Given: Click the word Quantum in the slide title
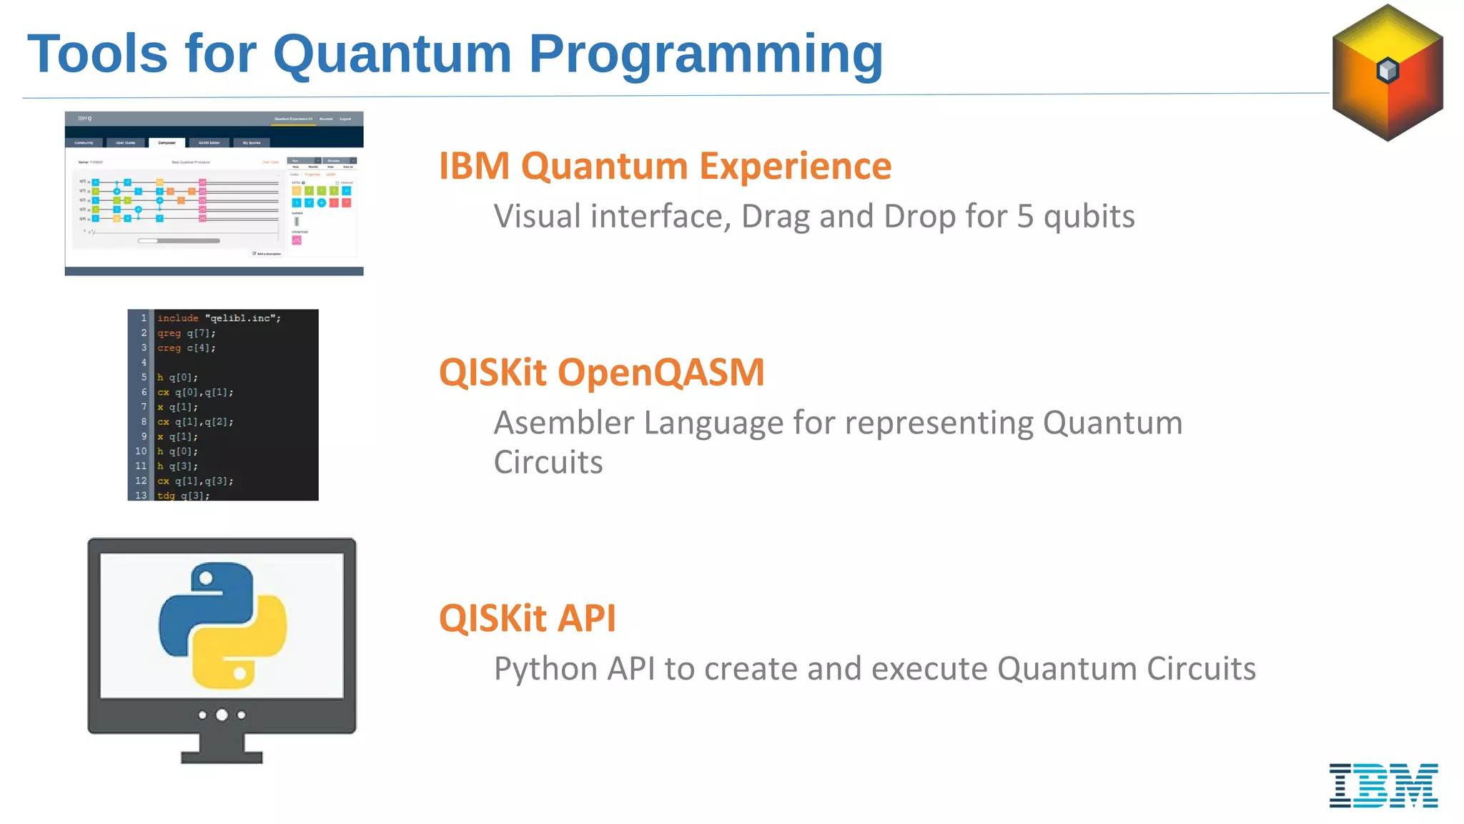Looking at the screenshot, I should coord(392,54).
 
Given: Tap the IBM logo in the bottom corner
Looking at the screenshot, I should coord(1383,785).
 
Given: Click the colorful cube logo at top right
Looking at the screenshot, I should coord(1388,72).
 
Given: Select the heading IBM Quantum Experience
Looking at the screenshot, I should coord(665,166).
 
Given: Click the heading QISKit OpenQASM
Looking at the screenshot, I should coord(601,373).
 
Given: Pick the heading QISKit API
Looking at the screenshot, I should coord(527,618).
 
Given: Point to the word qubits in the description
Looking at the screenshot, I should coord(1089,217).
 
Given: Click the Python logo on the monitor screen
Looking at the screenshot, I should coord(222,626).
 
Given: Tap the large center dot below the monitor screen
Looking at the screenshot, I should coord(222,715).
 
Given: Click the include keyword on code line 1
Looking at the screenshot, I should coord(178,318).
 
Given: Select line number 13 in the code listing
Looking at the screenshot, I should coord(141,495).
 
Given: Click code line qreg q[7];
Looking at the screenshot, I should coord(187,333).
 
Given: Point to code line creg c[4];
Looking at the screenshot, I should coord(187,348).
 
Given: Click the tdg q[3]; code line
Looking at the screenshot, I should coord(184,495).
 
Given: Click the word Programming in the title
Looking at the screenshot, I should coord(706,54).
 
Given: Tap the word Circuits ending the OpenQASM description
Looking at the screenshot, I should coord(548,463).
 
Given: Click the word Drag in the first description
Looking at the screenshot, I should coord(776,217).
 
